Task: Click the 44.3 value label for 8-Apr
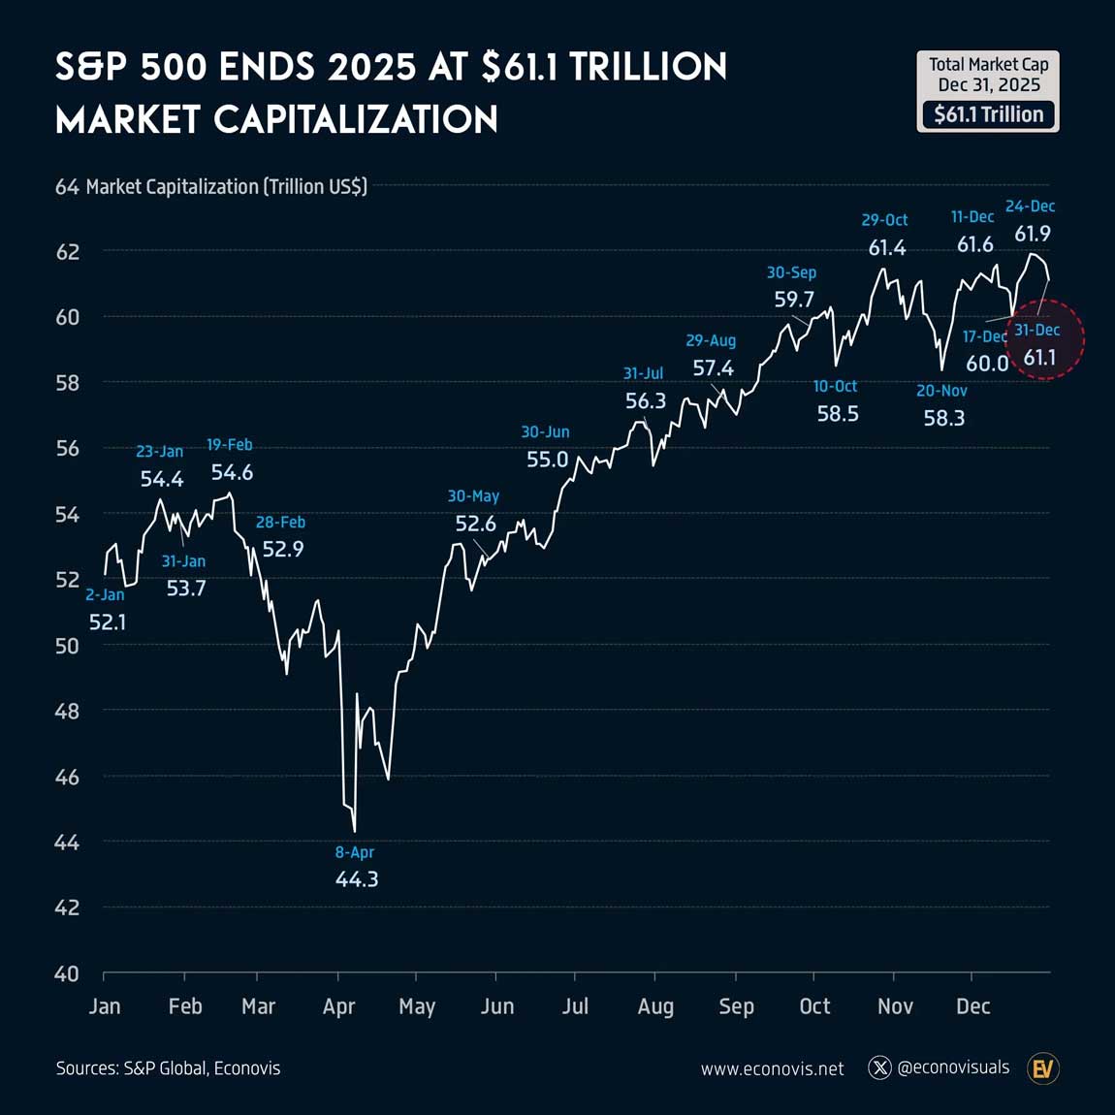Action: coord(357,879)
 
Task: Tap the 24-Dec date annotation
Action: coord(1030,207)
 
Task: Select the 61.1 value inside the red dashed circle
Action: coord(1039,358)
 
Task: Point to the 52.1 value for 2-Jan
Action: coord(108,622)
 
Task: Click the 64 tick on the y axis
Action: coord(67,186)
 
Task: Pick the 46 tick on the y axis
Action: coord(67,777)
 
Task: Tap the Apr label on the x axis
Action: coord(338,1006)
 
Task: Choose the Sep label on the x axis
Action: coord(736,1006)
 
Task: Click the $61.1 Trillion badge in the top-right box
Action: coord(988,114)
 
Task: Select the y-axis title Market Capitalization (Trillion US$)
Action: coord(227,186)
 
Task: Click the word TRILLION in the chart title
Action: coord(648,68)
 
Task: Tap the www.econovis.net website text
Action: coord(772,1068)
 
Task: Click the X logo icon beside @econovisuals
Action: coord(879,1068)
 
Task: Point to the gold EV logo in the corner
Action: coord(1043,1068)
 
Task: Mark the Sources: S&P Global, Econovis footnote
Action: coord(168,1068)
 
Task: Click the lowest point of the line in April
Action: coord(355,831)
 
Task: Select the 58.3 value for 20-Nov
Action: coord(943,419)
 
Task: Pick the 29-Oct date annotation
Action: coord(884,220)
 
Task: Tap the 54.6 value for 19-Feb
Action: coord(232,472)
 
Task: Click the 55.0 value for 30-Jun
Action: coord(547,460)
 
